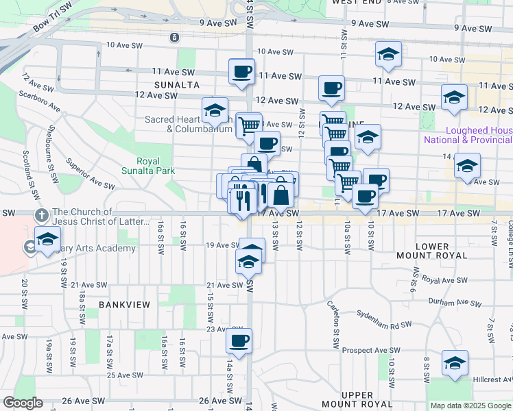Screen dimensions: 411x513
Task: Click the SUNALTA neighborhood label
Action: tap(176, 85)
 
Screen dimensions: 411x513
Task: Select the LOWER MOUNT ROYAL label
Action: tap(432, 251)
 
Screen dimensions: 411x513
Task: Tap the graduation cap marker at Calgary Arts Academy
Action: tap(47, 240)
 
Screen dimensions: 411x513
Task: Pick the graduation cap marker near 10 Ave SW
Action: tap(389, 54)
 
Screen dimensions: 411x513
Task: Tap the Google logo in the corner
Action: tap(23, 403)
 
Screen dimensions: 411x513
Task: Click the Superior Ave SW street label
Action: tap(89, 174)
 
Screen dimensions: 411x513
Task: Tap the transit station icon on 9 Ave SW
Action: tap(176, 36)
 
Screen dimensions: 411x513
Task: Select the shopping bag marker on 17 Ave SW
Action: tap(281, 195)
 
